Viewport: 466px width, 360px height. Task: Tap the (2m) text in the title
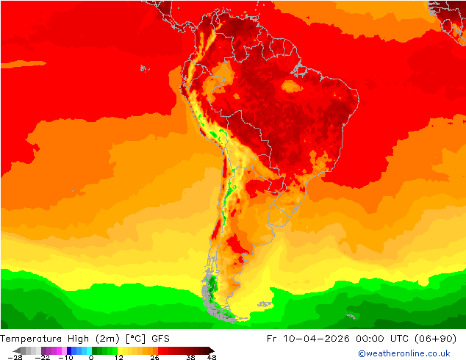tap(110, 338)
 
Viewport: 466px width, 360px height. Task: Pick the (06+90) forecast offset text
tap(437, 338)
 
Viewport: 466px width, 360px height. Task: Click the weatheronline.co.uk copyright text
tap(404, 353)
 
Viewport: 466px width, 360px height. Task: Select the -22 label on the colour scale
tap(42, 357)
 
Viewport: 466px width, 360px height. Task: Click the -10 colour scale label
tap(65, 357)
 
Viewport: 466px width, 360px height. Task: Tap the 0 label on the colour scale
tap(91, 357)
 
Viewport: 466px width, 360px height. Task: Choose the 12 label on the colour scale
tap(118, 357)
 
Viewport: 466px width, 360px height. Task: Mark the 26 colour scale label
tap(154, 357)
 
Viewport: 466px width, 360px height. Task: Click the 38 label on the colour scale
tap(190, 357)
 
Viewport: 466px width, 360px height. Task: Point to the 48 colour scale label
tap(211, 357)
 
